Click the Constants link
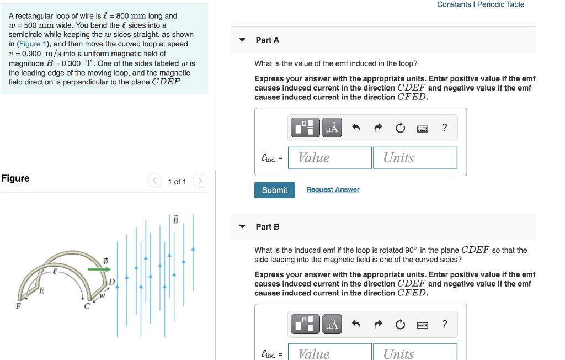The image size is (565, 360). tap(455, 4)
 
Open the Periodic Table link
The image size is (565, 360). tap(500, 4)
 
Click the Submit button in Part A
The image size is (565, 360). tap(274, 190)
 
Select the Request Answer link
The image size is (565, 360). tap(333, 190)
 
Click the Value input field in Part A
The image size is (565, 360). tap(329, 158)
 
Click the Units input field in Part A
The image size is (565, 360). tap(414, 158)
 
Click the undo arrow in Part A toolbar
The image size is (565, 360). tap(356, 129)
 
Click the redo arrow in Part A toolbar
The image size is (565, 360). tap(378, 129)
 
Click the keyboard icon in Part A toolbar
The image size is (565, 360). tap(422, 129)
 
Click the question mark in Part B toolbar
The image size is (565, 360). tap(445, 325)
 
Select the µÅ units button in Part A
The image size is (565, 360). tap(332, 129)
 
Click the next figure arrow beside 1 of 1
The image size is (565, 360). tap(200, 181)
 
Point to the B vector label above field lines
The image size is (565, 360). tap(176, 219)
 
